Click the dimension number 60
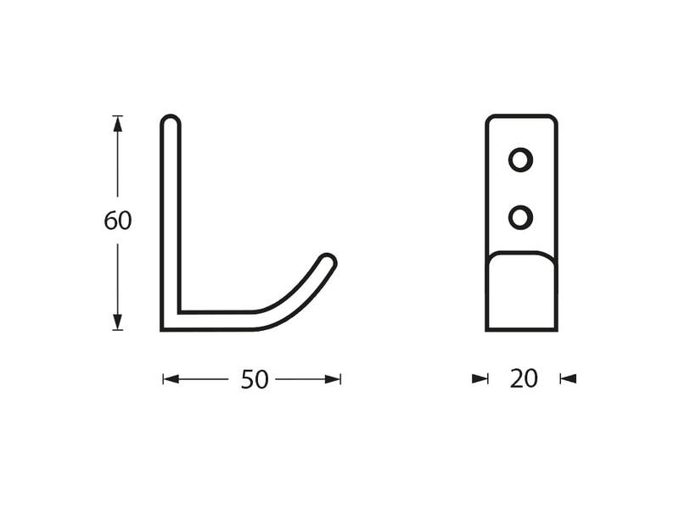(x=118, y=221)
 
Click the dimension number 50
(x=255, y=379)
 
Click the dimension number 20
(x=524, y=378)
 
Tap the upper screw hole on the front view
(x=520, y=160)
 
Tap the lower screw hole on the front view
(x=520, y=217)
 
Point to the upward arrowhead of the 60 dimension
(x=117, y=124)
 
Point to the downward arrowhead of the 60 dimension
(x=117, y=322)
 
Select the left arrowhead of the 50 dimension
(x=171, y=379)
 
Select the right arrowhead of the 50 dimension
(x=333, y=379)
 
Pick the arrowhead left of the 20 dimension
(x=480, y=379)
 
